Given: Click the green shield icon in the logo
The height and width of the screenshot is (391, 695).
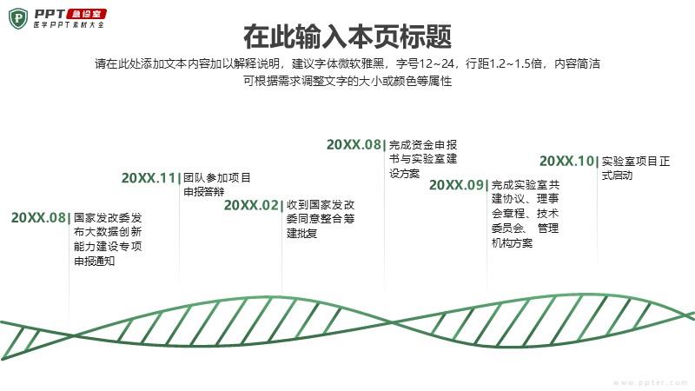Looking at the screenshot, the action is click(18, 18).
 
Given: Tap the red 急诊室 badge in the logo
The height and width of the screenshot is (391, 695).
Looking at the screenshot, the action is click(86, 14).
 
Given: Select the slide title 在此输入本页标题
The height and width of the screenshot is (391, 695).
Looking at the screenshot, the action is click(347, 36).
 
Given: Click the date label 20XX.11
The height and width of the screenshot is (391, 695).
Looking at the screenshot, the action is click(149, 178).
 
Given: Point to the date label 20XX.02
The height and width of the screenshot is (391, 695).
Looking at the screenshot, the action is click(251, 205).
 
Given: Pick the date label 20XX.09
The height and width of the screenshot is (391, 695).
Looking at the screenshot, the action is click(456, 185).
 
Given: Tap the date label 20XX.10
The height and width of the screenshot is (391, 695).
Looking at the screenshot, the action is click(566, 161).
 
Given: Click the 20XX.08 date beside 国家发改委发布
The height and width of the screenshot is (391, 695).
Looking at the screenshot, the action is click(38, 218).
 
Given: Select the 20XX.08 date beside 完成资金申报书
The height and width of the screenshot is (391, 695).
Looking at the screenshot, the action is click(354, 144).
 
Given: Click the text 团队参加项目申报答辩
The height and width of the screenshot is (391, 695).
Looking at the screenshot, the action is click(216, 185).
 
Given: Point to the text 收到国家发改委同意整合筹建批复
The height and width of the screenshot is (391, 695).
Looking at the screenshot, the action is click(321, 219).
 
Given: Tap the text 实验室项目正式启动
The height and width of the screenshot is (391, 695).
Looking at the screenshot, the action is click(636, 168).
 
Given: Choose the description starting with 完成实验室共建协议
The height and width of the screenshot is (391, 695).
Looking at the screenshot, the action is click(526, 214).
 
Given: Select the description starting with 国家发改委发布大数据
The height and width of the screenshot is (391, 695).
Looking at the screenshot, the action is click(108, 240).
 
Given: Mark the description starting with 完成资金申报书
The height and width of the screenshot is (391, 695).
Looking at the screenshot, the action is click(423, 159).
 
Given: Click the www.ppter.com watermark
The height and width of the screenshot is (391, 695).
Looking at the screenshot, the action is click(651, 382).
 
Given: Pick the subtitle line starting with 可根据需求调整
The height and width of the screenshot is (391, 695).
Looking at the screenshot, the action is click(347, 81).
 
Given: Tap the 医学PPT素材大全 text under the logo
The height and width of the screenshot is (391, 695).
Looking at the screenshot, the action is click(69, 25).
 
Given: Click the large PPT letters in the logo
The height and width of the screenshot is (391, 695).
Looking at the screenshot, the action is click(50, 14).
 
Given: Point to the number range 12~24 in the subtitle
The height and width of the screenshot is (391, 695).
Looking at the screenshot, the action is click(437, 63).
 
